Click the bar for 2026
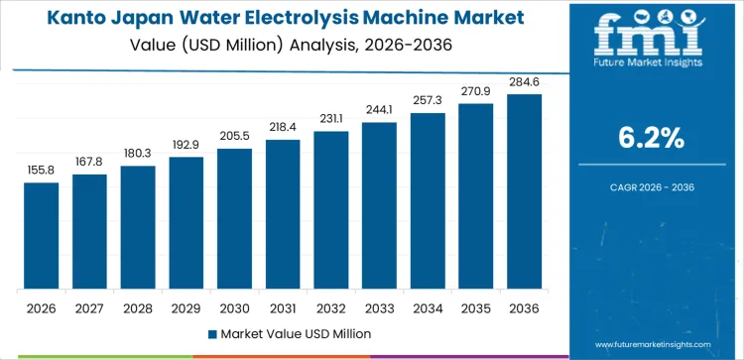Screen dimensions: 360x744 point(42,236)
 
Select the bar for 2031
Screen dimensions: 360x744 point(283,214)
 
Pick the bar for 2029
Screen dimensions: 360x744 point(186,223)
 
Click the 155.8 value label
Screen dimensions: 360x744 point(42,171)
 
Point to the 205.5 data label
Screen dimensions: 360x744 point(234,136)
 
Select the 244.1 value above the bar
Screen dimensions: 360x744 point(379,110)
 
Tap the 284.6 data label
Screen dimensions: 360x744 point(524,81)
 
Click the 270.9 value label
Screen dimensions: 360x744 point(476,91)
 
